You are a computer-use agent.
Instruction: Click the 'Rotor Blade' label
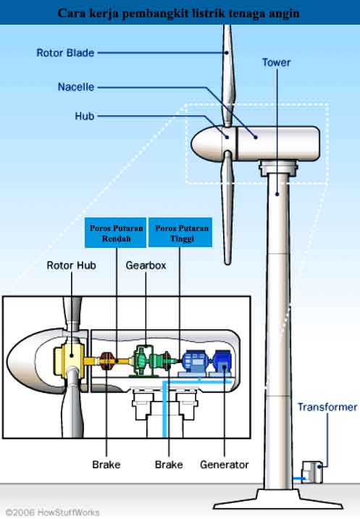coord(65,53)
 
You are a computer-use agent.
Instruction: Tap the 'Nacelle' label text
coord(76,87)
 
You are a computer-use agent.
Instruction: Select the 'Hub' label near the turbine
coord(84,116)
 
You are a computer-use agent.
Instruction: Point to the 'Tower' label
coord(276,62)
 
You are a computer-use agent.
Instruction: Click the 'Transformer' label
coord(327,407)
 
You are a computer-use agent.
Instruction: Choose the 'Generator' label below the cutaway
coord(225,465)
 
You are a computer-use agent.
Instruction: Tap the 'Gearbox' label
coord(146,265)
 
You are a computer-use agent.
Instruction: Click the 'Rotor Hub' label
coord(72,265)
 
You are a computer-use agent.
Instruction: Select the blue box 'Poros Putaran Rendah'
coord(115,233)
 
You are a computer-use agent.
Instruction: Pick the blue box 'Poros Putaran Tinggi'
coord(180,233)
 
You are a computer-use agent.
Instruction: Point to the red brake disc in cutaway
coord(107,361)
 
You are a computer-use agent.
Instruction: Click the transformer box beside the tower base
coord(312,473)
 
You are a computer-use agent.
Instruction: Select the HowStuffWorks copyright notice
coord(52,512)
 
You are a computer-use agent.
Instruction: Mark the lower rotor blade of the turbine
coord(227,207)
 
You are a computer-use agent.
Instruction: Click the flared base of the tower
coord(278,499)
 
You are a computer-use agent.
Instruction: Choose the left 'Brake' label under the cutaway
coord(106,465)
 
